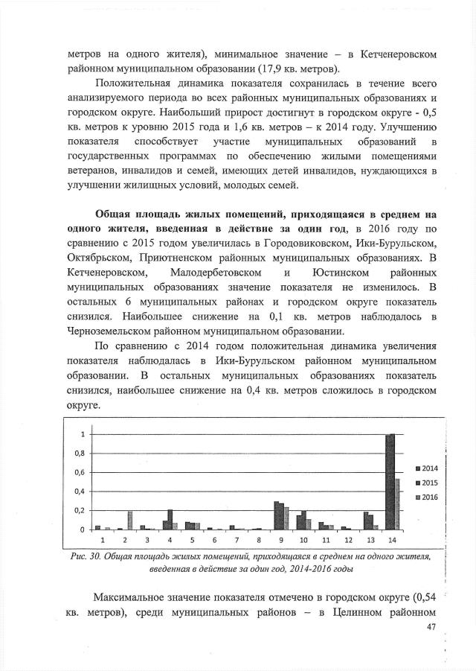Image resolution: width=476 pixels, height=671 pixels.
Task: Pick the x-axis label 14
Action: (392, 538)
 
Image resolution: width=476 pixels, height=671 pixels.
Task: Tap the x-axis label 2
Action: (124, 538)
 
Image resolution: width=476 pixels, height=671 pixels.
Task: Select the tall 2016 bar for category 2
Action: (129, 520)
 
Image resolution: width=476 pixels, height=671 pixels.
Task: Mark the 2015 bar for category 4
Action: (170, 519)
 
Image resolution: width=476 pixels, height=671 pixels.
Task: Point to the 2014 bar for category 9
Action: (276, 515)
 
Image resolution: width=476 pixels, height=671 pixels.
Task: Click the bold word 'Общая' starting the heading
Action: (115, 215)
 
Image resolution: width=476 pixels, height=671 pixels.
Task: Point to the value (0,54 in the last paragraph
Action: (422, 599)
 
